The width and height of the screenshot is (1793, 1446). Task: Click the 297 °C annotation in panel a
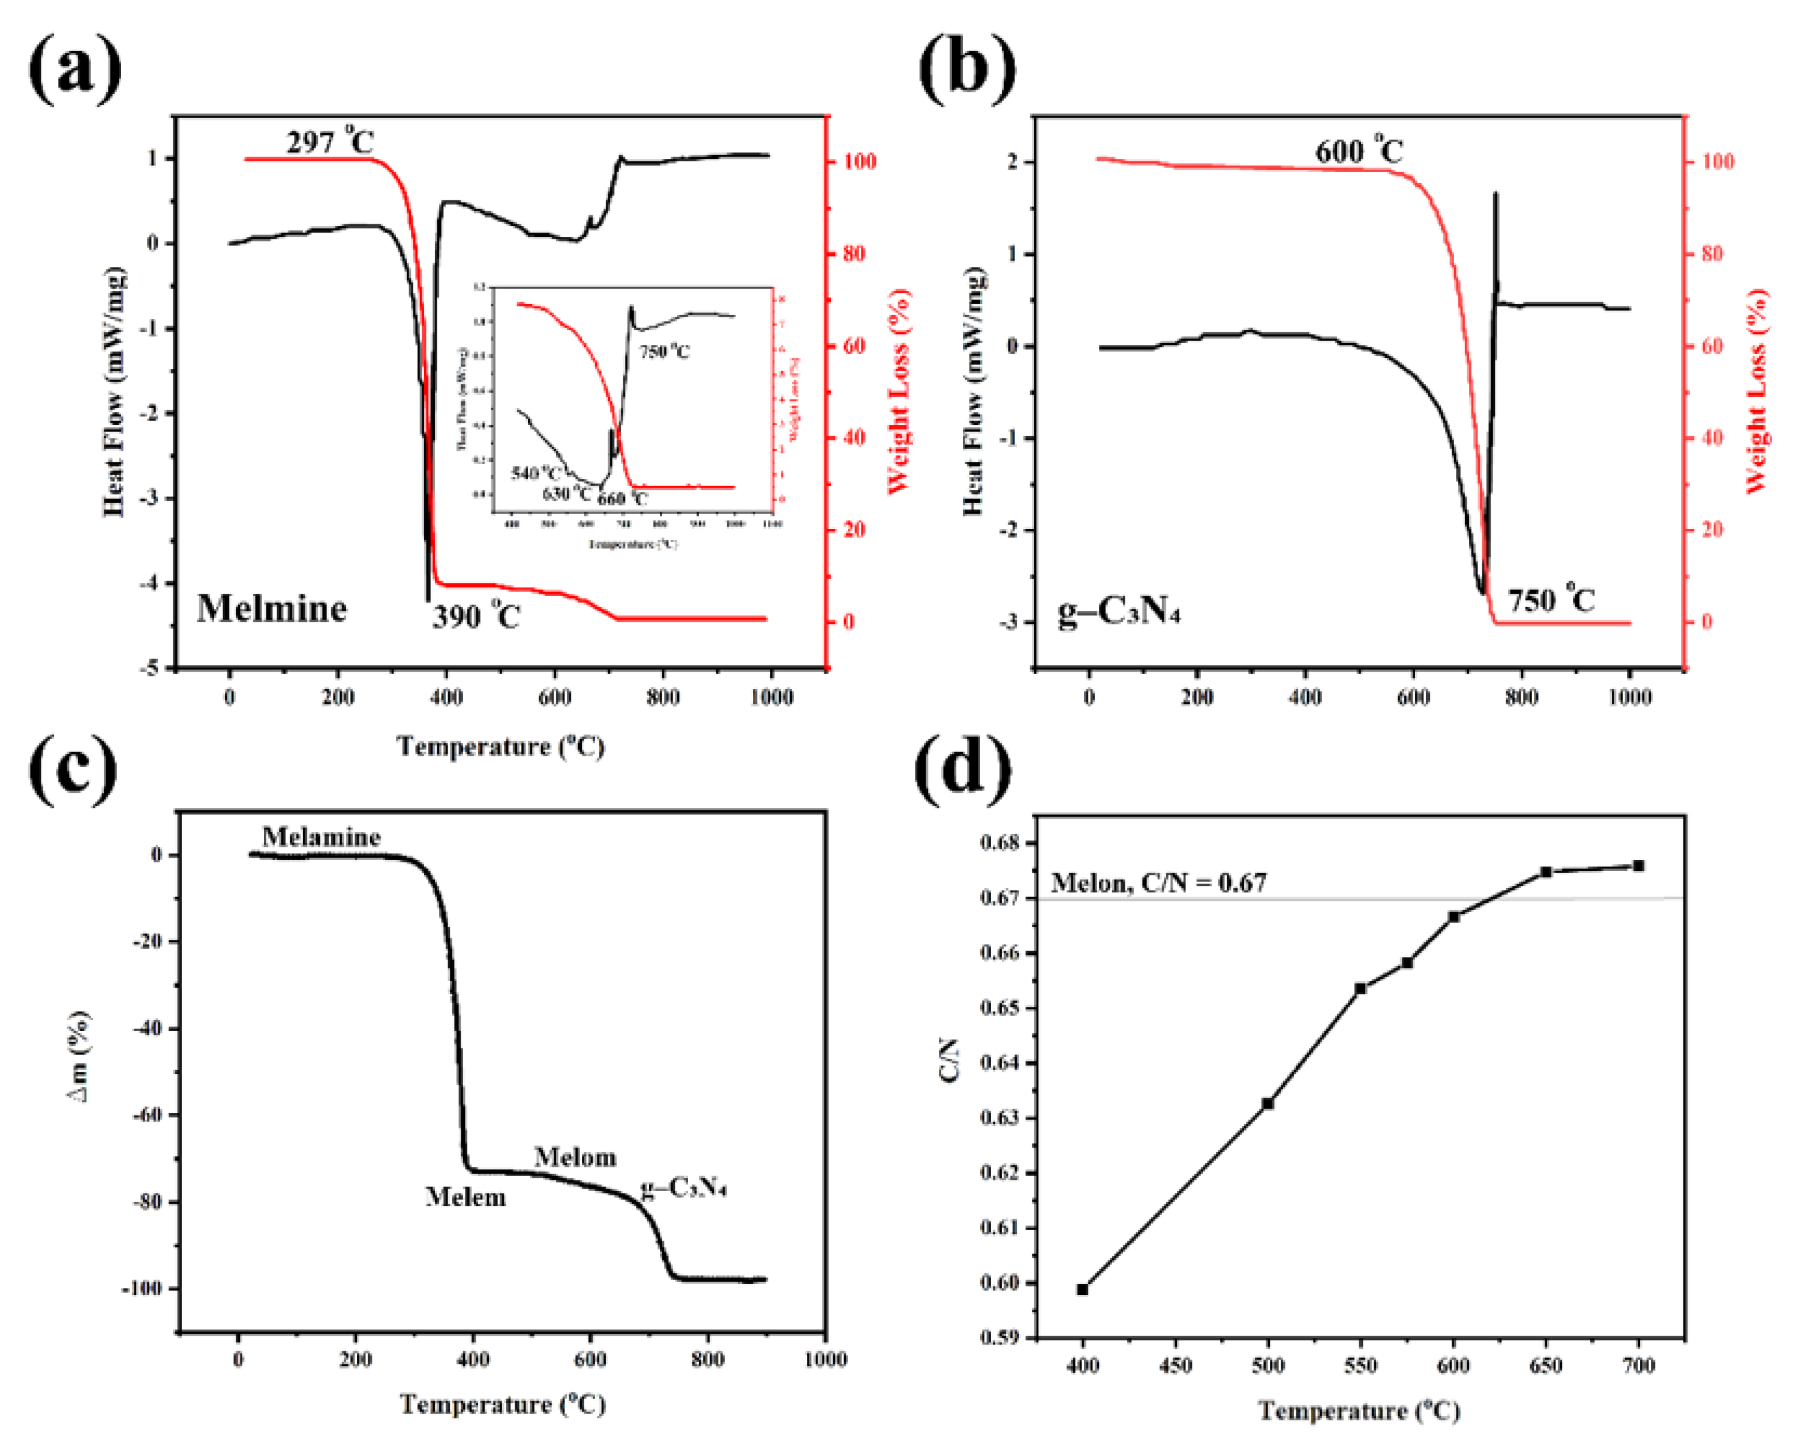(330, 142)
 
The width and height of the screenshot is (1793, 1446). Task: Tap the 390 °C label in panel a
(476, 617)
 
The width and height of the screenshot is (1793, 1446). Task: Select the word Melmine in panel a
(272, 609)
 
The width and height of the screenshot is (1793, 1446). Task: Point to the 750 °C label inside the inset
(664, 351)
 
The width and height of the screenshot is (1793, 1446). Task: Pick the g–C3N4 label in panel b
(1119, 613)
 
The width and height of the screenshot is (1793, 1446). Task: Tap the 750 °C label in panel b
(1551, 600)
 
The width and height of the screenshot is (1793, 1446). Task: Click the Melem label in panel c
(465, 1198)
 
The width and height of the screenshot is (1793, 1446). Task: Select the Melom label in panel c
(575, 1157)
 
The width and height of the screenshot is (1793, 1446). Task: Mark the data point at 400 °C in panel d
(1082, 1289)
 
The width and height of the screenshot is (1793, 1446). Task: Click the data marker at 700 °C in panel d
(1638, 865)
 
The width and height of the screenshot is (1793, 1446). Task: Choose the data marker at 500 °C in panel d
(1268, 1104)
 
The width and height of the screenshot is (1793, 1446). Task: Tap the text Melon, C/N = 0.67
(1158, 883)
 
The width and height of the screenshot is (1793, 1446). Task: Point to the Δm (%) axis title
(80, 1056)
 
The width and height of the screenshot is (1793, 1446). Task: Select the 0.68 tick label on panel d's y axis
(1000, 843)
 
